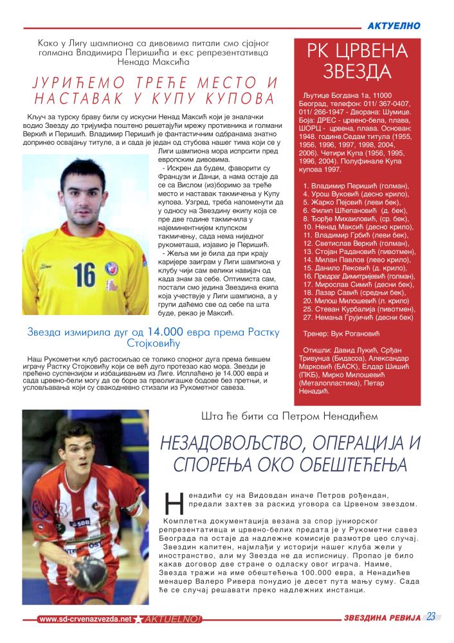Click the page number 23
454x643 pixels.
[x=431, y=617]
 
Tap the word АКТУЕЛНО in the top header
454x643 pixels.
[x=394, y=26]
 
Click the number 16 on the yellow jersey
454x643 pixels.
[x=84, y=275]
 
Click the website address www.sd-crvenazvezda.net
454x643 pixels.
[x=85, y=619]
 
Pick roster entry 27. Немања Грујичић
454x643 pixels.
[x=358, y=317]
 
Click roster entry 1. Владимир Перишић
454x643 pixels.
[x=352, y=185]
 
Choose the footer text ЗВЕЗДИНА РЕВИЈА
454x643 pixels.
[x=381, y=618]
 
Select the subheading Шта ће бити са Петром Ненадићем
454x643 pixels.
[x=289, y=417]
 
